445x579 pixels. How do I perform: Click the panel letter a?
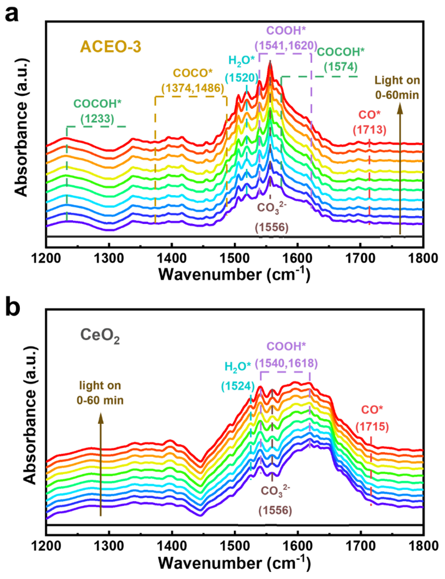click(11, 13)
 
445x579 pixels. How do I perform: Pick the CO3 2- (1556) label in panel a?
click(270, 219)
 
